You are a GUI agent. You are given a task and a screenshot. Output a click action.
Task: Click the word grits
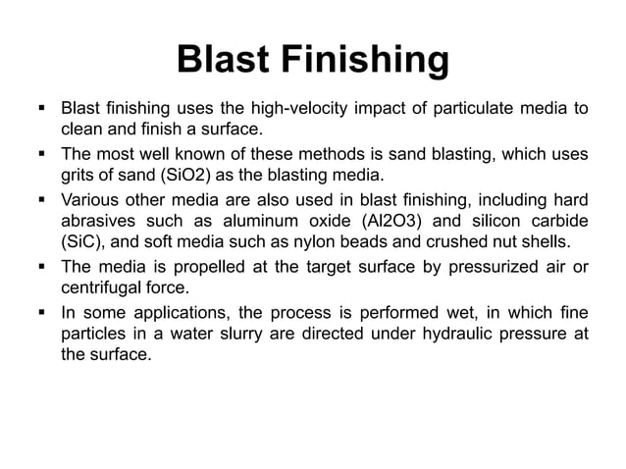tap(78, 176)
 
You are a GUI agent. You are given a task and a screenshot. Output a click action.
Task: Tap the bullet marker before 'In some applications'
tap(45, 312)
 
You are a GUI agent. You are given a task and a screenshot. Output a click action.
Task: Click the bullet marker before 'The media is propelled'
tap(45, 267)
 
